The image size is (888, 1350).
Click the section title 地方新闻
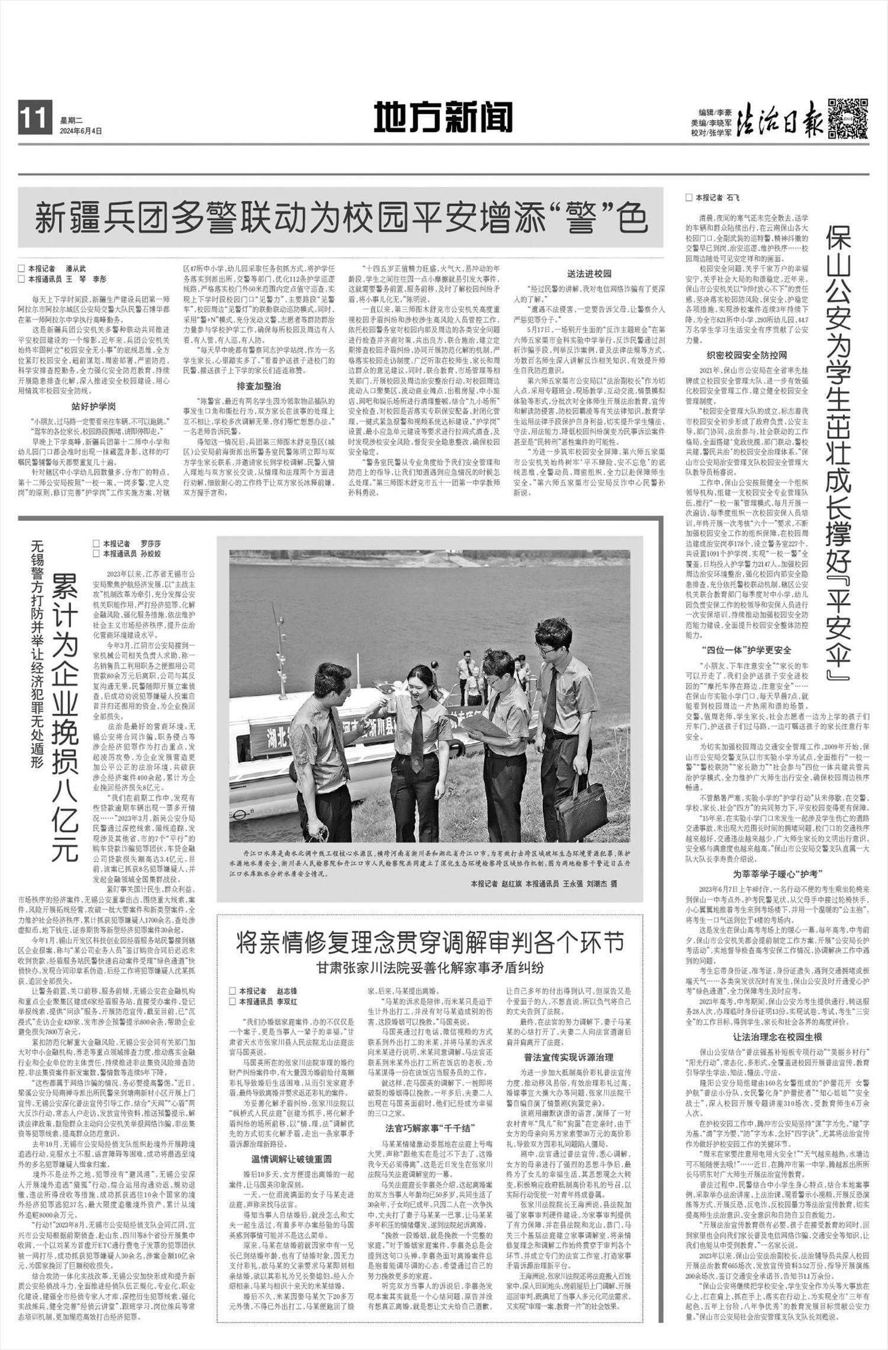click(443, 117)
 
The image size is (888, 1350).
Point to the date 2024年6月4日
click(81, 131)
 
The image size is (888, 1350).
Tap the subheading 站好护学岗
click(94, 406)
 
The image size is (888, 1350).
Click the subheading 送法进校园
click(589, 274)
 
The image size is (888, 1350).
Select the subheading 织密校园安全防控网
click(747, 355)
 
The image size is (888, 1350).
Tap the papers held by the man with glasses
click(482, 726)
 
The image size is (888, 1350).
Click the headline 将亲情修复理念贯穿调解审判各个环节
click(430, 942)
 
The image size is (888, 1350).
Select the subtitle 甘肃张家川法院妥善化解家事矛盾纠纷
click(430, 968)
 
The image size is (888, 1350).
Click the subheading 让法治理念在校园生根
click(777, 1037)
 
